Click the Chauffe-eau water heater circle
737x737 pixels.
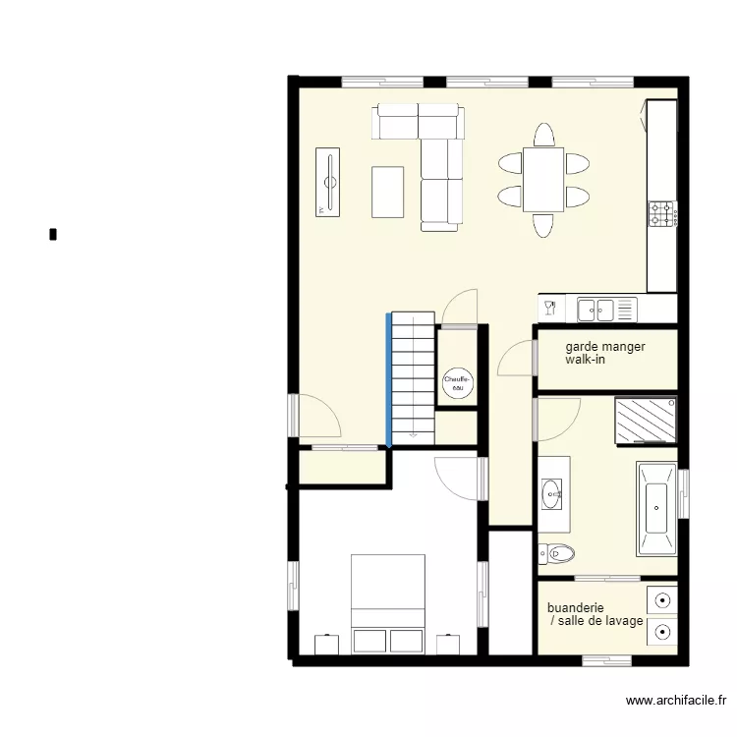point(457,381)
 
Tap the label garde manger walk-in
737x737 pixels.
point(604,354)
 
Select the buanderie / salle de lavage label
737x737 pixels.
point(595,614)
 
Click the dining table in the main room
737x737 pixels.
point(543,180)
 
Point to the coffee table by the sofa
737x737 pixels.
point(387,192)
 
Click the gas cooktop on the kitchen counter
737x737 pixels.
point(661,213)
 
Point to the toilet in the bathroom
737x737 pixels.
point(557,554)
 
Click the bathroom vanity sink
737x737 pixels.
point(550,490)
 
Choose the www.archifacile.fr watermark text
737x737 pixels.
point(676,701)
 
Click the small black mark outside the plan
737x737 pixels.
point(52,234)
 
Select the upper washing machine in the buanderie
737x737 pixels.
point(663,597)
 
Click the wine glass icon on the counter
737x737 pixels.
point(550,309)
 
